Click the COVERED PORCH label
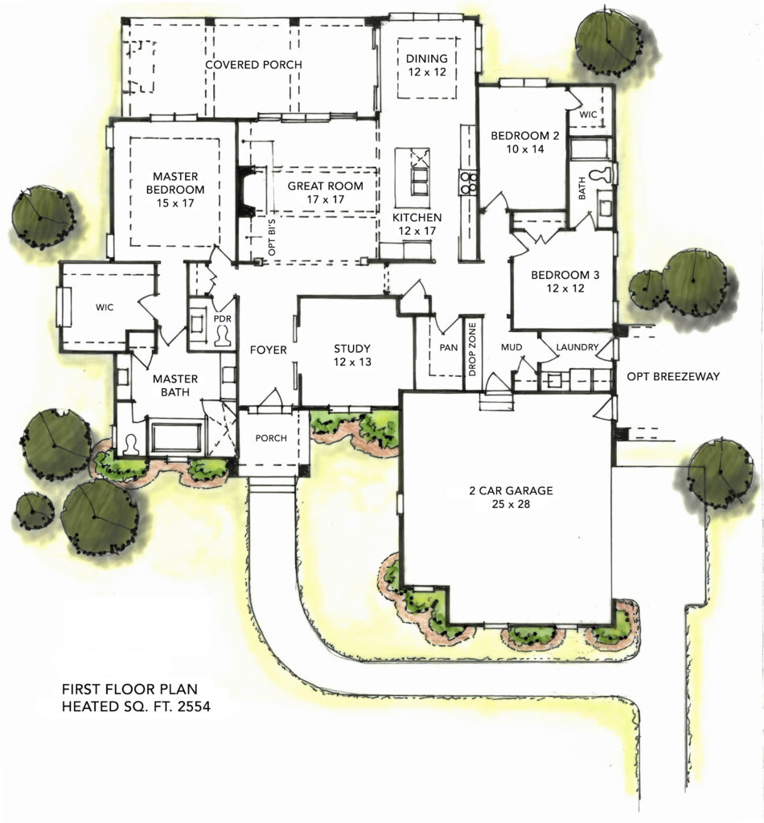pyautogui.click(x=253, y=64)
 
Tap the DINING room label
pyautogui.click(x=425, y=59)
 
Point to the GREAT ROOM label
pyautogui.click(x=326, y=186)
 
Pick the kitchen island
pyautogui.click(x=419, y=173)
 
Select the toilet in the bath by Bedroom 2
pyautogui.click(x=600, y=174)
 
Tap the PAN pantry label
pyautogui.click(x=448, y=347)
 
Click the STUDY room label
pyautogui.click(x=352, y=349)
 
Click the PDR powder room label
pyautogui.click(x=222, y=319)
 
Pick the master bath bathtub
pyautogui.click(x=175, y=438)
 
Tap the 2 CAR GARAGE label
pyautogui.click(x=512, y=490)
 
